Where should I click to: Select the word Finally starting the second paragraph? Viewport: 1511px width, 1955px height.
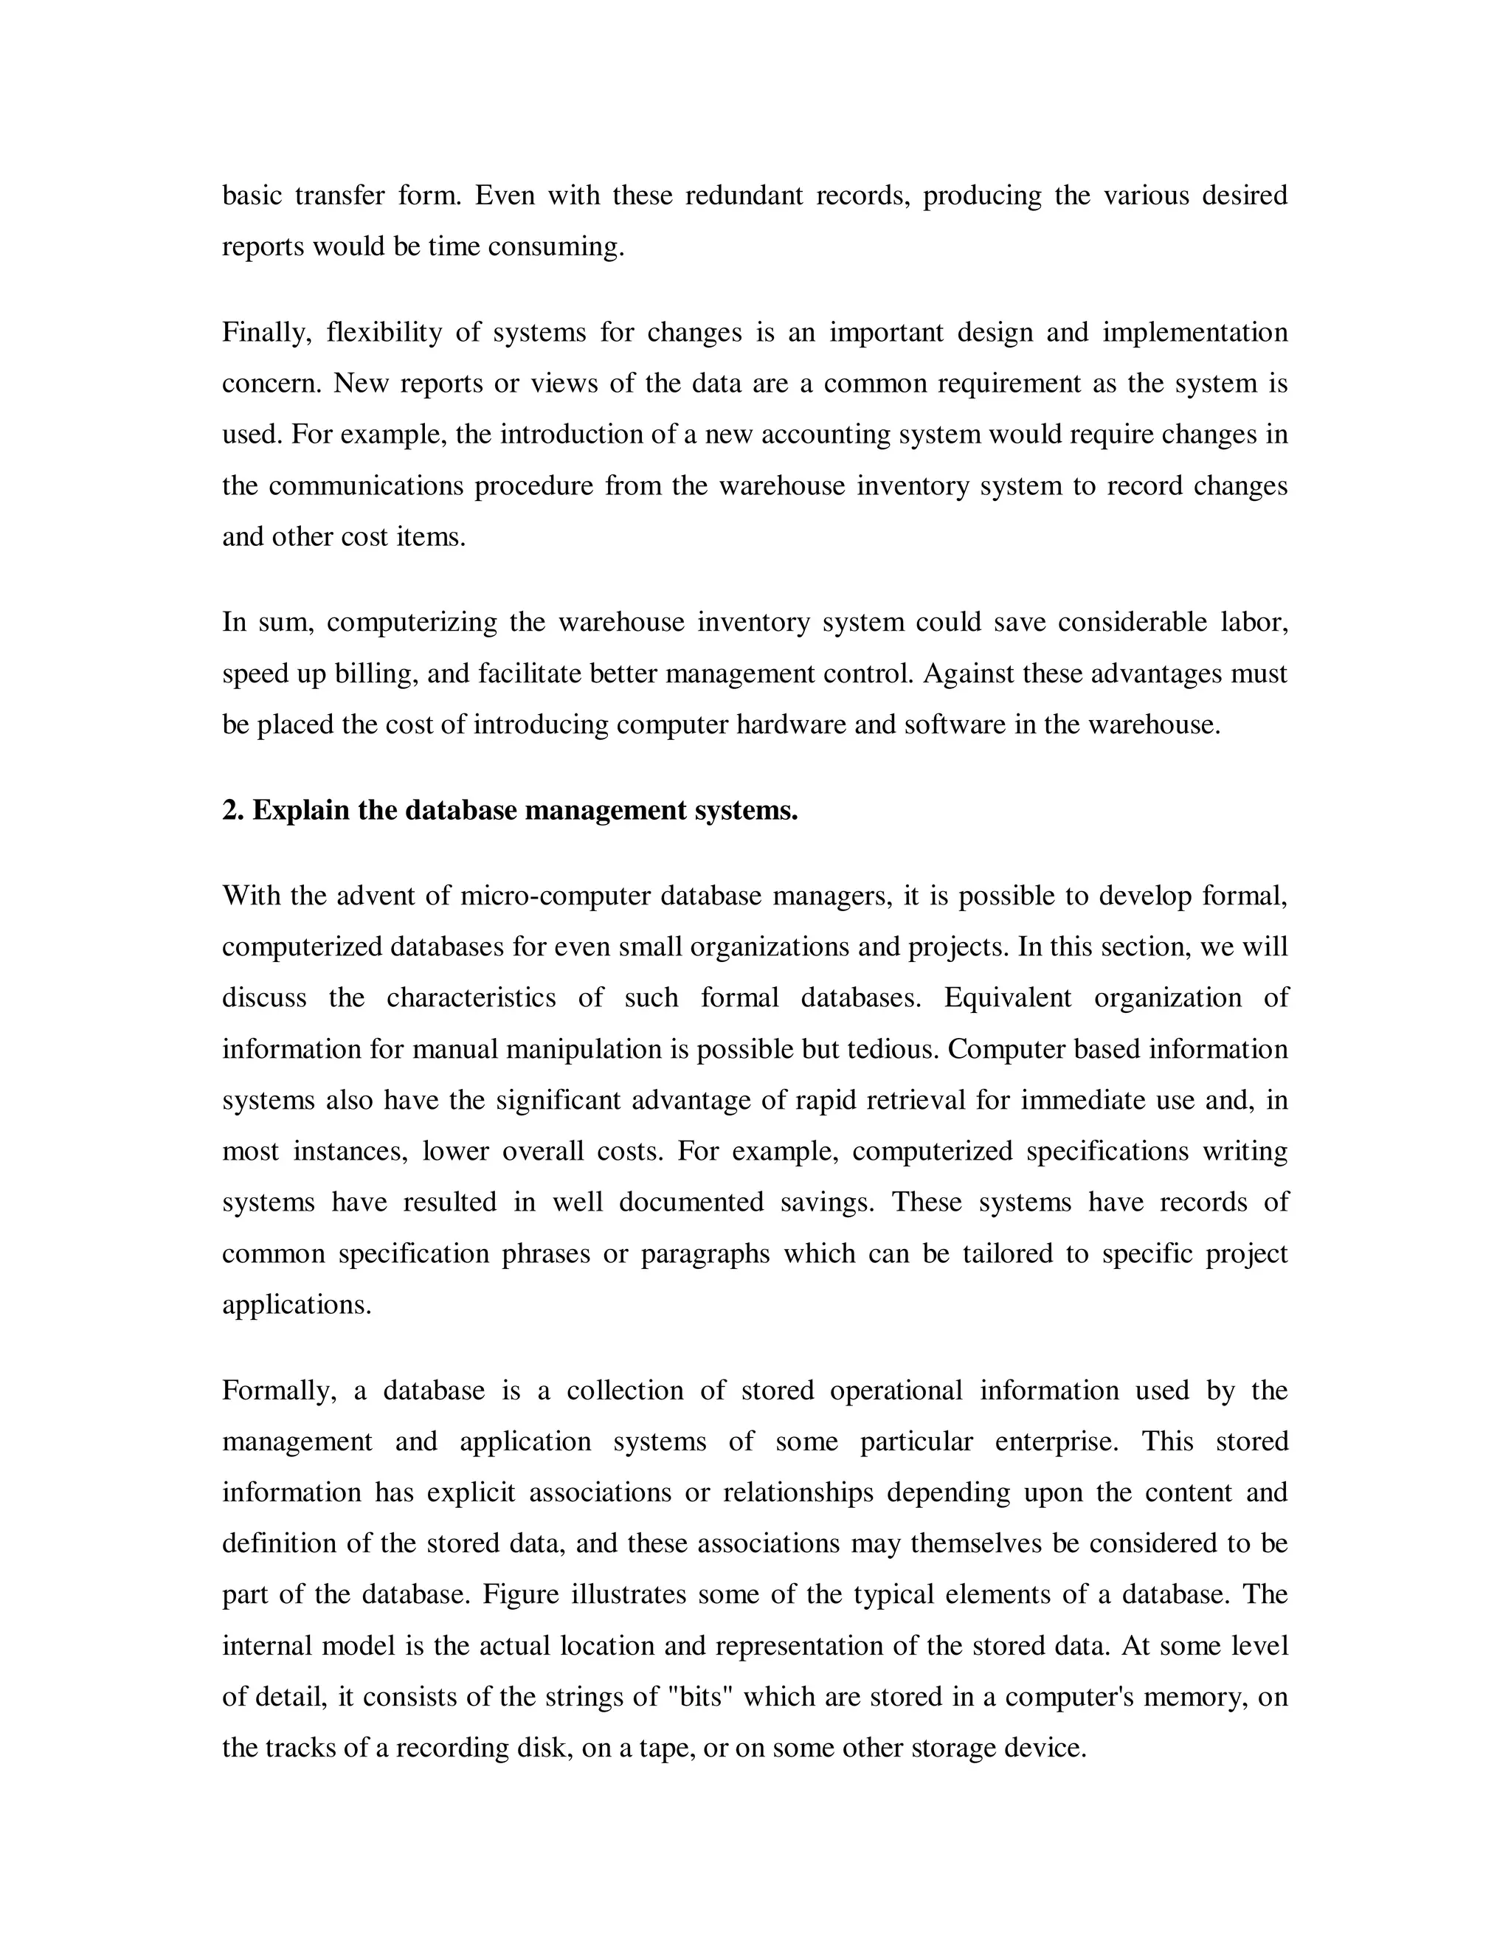266,333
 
